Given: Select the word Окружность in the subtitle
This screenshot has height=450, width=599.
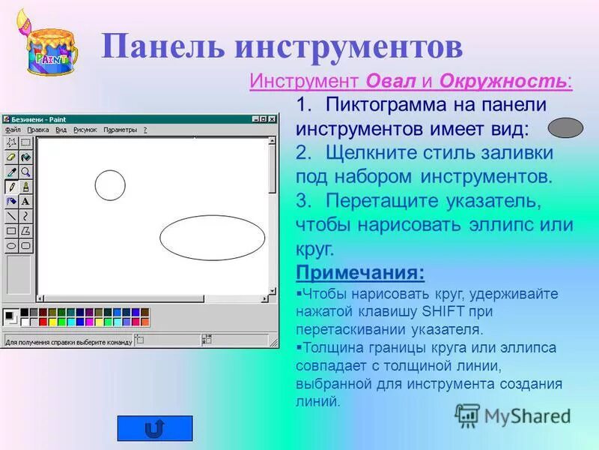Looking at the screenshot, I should click(503, 81).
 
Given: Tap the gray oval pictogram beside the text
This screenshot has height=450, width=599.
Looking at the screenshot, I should click(565, 127).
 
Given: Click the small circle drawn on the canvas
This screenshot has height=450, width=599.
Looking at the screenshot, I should click(110, 185).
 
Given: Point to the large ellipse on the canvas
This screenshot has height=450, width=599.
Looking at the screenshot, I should click(213, 237).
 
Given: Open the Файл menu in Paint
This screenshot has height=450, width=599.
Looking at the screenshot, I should click(13, 130).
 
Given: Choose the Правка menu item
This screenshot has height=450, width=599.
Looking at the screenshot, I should click(37, 130).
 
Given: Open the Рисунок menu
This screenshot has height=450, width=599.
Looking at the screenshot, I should click(85, 130).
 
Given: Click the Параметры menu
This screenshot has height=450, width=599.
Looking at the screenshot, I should click(121, 130).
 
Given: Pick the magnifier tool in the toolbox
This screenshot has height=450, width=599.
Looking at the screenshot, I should click(25, 172).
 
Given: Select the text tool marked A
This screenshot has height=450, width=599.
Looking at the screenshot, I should click(25, 201).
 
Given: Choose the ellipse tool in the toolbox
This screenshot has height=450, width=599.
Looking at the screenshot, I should click(11, 245).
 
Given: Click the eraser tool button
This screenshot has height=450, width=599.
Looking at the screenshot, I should click(11, 157).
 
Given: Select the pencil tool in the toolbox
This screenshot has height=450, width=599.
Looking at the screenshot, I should click(11, 187).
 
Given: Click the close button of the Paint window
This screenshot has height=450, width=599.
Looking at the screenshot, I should click(272, 118).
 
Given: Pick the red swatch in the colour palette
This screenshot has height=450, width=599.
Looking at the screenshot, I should click(43, 322).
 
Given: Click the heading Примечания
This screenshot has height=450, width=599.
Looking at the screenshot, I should click(359, 271).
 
